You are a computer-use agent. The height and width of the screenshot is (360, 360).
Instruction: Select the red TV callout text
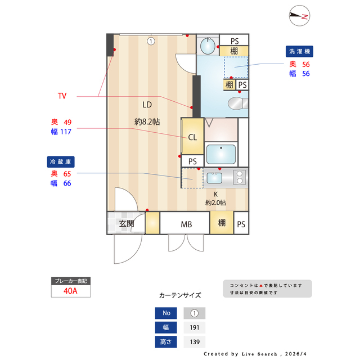[x=62, y=96]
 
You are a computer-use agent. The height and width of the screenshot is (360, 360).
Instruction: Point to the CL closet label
[x=192, y=137]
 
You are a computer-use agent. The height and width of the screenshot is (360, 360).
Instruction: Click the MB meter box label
[x=186, y=224]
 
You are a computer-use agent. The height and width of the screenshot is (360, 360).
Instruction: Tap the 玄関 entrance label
[x=126, y=224]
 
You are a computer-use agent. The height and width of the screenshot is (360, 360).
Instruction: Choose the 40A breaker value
[x=70, y=291]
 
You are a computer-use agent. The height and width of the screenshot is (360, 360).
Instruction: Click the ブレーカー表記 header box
[x=70, y=281]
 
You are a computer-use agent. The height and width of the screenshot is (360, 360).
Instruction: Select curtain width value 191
[x=195, y=327]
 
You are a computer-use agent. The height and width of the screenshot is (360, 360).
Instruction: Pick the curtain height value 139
[x=195, y=341]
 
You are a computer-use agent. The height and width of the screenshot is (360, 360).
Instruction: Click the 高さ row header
[x=166, y=341]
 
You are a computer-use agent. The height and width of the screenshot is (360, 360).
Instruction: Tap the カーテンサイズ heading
[x=180, y=295]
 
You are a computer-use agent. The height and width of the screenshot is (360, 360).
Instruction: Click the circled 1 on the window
[x=151, y=40]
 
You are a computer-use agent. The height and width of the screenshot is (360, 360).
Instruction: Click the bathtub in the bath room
[x=220, y=154]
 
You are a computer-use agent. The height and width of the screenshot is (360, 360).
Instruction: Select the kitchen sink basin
[x=215, y=178]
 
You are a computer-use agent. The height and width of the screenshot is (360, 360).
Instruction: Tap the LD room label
[x=147, y=105]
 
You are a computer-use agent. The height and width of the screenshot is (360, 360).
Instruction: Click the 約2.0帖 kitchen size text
[x=215, y=202]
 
